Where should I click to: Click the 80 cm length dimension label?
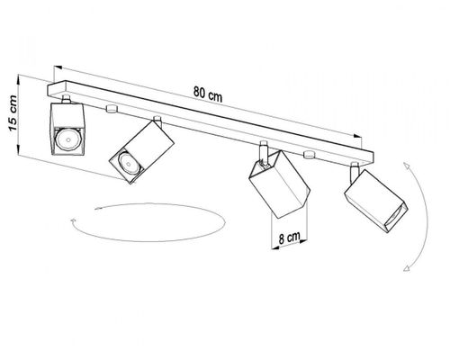(x=208, y=94)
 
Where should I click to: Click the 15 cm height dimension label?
(x=13, y=113)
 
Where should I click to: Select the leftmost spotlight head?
(x=67, y=129)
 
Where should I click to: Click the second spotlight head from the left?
(x=141, y=152)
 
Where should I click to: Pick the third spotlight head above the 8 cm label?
(x=279, y=184)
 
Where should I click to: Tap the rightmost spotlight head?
(x=376, y=201)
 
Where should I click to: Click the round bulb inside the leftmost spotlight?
(x=68, y=139)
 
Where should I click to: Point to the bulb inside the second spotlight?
(x=129, y=163)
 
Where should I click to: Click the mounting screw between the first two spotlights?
(x=111, y=109)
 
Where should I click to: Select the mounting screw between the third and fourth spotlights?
(x=309, y=154)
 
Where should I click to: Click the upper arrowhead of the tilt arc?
(x=407, y=166)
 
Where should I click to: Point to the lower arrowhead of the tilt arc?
(x=406, y=268)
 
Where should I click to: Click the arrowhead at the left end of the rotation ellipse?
(x=73, y=220)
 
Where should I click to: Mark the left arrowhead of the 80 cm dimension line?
(x=58, y=68)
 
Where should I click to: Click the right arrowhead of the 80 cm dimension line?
(x=357, y=136)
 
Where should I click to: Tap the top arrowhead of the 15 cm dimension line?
(x=19, y=78)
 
